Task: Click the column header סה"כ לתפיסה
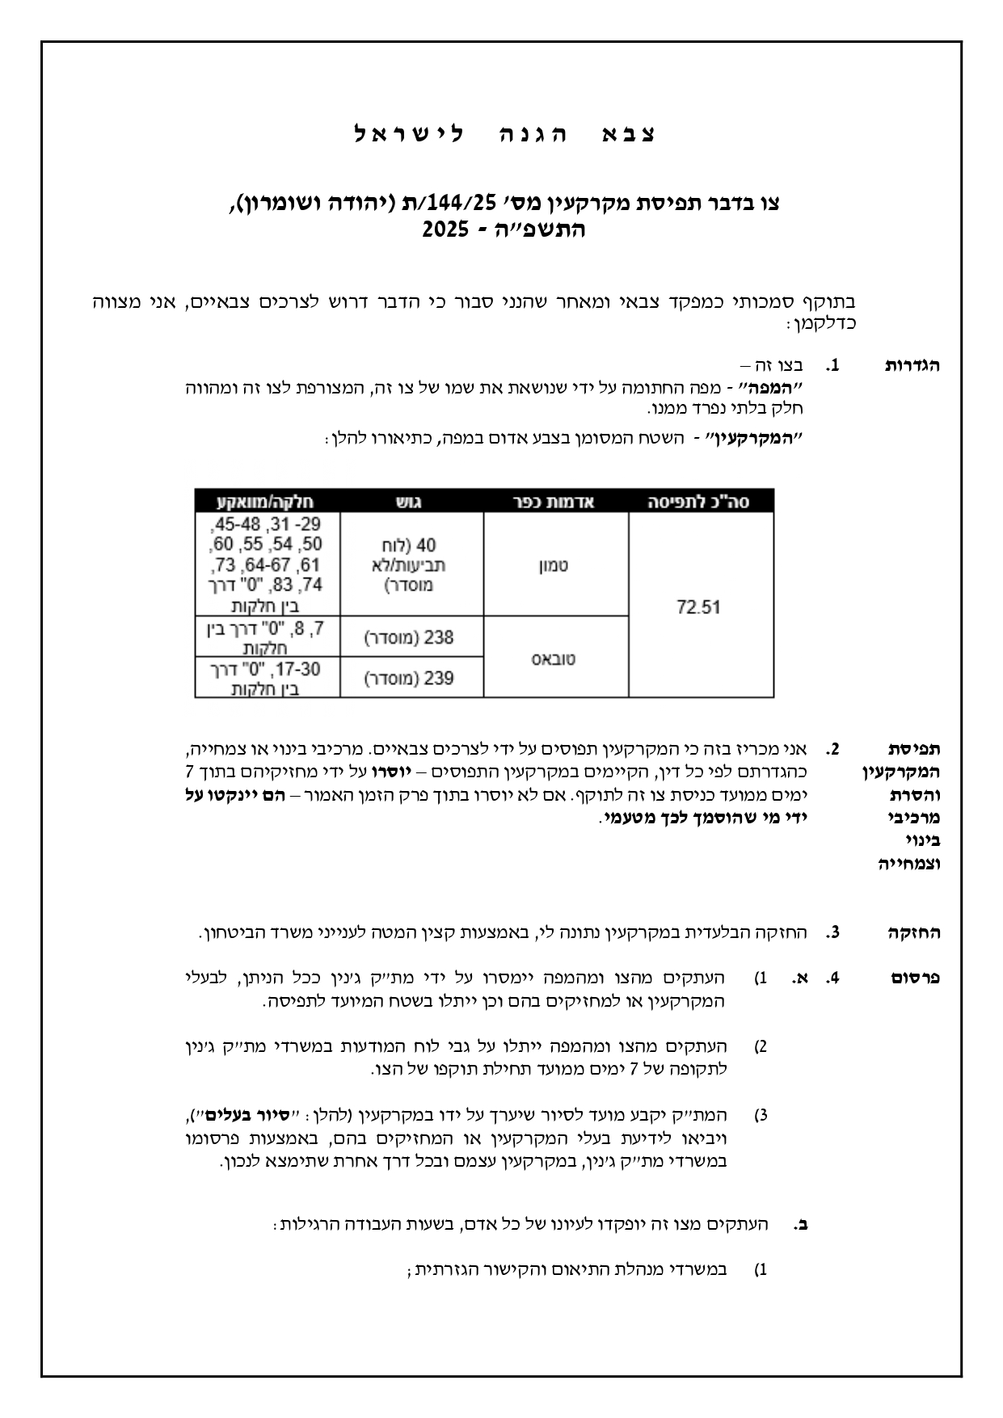coord(700,501)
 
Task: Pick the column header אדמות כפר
coord(554,501)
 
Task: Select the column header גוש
coord(411,501)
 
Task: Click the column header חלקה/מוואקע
coord(267,501)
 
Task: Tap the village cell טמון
coord(554,565)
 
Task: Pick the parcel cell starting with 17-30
coord(267,679)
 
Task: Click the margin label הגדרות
coord(913,365)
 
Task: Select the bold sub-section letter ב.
coord(801,1224)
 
